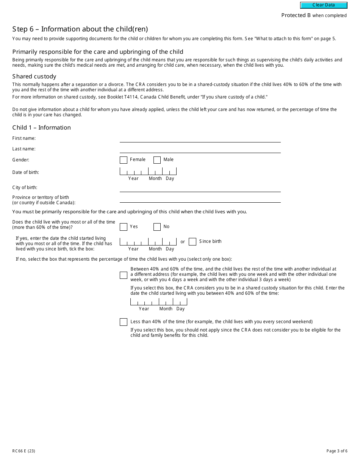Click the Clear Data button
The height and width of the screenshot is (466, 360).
[x=324, y=5]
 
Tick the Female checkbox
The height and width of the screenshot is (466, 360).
[x=124, y=160]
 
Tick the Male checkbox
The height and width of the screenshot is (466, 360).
[x=157, y=160]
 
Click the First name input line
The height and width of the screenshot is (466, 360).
[x=200, y=138]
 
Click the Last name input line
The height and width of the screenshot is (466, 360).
[x=200, y=149]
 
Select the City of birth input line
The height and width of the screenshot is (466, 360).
[x=200, y=188]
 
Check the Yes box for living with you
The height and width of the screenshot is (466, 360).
[x=124, y=227]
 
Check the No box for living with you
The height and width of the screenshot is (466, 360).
[x=157, y=227]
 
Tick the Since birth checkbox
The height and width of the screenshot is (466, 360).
[x=193, y=242]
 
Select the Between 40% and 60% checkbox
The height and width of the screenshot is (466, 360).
[x=124, y=275]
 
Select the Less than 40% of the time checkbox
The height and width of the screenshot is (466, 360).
[x=124, y=322]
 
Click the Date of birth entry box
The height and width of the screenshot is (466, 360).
[x=148, y=171]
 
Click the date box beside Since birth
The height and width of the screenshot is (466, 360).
[x=148, y=242]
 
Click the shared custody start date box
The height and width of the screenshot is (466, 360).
[x=159, y=302]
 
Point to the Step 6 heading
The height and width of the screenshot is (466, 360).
[x=80, y=29]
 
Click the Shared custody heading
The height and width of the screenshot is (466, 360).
[x=34, y=77]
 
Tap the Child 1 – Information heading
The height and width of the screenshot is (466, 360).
[x=42, y=128]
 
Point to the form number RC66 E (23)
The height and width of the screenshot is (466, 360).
[x=24, y=451]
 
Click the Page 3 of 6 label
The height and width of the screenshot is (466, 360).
[x=337, y=451]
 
